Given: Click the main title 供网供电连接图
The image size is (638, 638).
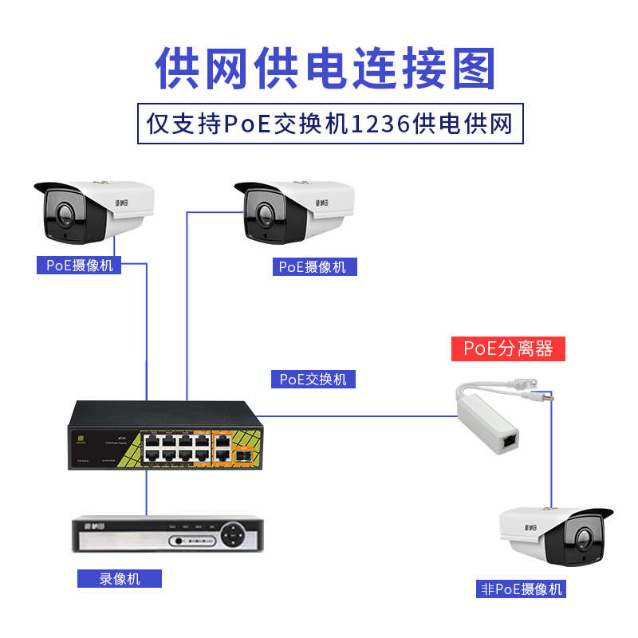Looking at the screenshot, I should pyautogui.click(x=325, y=68).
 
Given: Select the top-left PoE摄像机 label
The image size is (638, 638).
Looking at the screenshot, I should pyautogui.click(x=79, y=266).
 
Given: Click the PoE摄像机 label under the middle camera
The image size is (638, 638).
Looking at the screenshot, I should pyautogui.click(x=313, y=267).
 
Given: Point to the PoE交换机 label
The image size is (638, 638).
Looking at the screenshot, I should pyautogui.click(x=313, y=380).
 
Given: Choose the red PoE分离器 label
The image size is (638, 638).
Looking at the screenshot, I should pyautogui.click(x=509, y=349).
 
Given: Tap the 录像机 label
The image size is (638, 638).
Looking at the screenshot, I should pyautogui.click(x=119, y=578).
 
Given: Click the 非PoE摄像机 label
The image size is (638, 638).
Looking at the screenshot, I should pyautogui.click(x=522, y=589).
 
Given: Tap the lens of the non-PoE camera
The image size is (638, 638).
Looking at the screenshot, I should pyautogui.click(x=583, y=538).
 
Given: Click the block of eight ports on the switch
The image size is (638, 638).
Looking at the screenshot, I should pyautogui.click(x=178, y=446).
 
